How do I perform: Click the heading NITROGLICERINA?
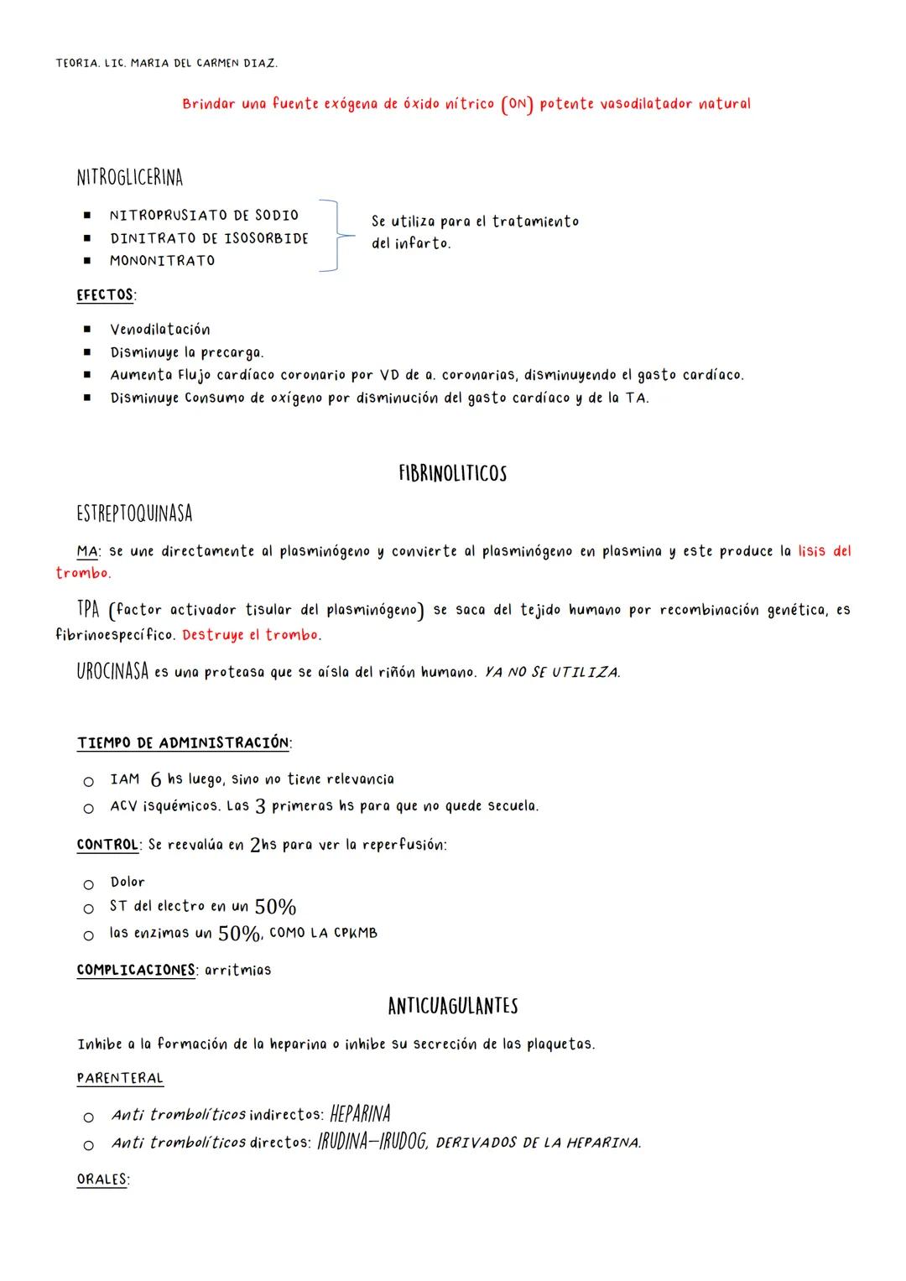pyautogui.click(x=129, y=178)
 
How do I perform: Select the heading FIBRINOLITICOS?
pyautogui.click(x=452, y=474)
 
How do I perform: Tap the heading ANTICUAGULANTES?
pyautogui.click(x=452, y=1006)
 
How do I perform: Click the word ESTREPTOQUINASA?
pyautogui.click(x=134, y=513)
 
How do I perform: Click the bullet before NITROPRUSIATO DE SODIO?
pyautogui.click(x=86, y=216)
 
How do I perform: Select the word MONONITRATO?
pyautogui.click(x=162, y=261)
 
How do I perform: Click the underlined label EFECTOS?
pyautogui.click(x=105, y=295)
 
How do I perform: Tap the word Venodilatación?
pyautogui.click(x=160, y=330)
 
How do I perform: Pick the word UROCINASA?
pyautogui.click(x=112, y=672)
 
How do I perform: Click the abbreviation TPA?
pyautogui.click(x=88, y=609)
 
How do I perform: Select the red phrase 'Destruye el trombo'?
pyautogui.click(x=251, y=635)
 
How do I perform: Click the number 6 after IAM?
pyautogui.click(x=156, y=780)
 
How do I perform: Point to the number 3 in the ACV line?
pyautogui.click(x=260, y=806)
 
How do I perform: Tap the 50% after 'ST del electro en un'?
pyautogui.click(x=275, y=907)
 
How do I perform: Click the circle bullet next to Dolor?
pyautogui.click(x=88, y=884)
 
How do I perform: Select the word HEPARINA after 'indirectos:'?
pyautogui.click(x=360, y=1114)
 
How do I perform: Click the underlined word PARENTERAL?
pyautogui.click(x=120, y=1078)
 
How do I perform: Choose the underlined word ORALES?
pyautogui.click(x=102, y=1179)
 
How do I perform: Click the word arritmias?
pyautogui.click(x=238, y=971)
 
